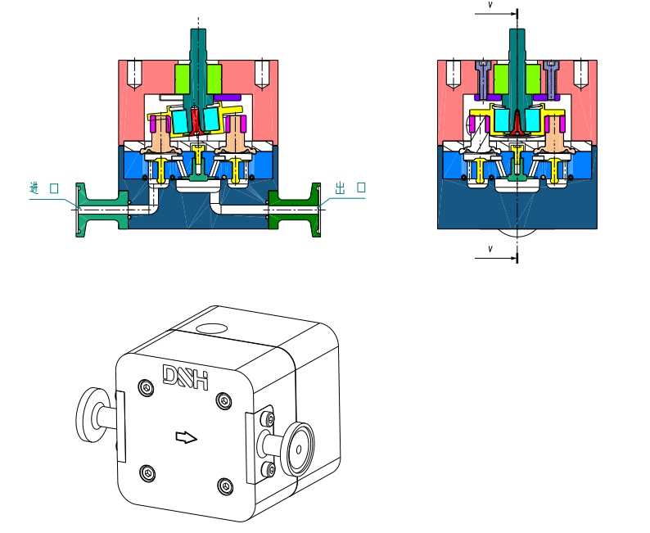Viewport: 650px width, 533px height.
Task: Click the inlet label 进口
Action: (x=44, y=188)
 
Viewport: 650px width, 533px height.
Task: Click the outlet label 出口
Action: (x=350, y=187)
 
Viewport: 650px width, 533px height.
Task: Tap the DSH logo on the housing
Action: (x=185, y=377)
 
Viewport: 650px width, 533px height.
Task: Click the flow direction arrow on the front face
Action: (x=186, y=437)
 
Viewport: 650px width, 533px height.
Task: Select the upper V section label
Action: (x=490, y=6)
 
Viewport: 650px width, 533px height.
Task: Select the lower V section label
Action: (x=490, y=249)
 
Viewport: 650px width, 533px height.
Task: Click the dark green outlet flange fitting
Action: (x=295, y=210)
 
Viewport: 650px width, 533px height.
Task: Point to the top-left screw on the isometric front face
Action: (x=146, y=387)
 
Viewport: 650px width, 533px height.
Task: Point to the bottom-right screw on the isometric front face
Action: (x=224, y=486)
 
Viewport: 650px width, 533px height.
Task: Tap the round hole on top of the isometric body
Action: (x=211, y=329)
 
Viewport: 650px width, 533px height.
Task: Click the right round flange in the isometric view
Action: (x=300, y=449)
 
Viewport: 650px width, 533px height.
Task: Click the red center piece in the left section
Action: (x=196, y=120)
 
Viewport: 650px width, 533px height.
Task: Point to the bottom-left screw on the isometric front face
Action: (x=147, y=473)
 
